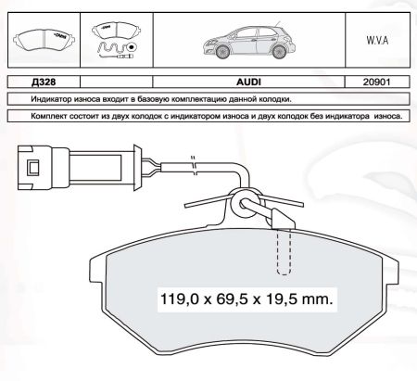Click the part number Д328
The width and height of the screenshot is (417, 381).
[44, 82]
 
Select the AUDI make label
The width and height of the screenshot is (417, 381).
[248, 82]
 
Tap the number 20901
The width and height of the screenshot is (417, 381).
[376, 82]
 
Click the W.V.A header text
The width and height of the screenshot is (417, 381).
[377, 41]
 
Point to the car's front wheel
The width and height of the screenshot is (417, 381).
[222, 52]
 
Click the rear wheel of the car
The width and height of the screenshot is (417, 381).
[279, 52]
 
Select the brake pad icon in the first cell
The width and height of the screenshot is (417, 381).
[44, 40]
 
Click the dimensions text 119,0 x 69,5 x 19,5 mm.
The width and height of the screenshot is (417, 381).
[246, 299]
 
